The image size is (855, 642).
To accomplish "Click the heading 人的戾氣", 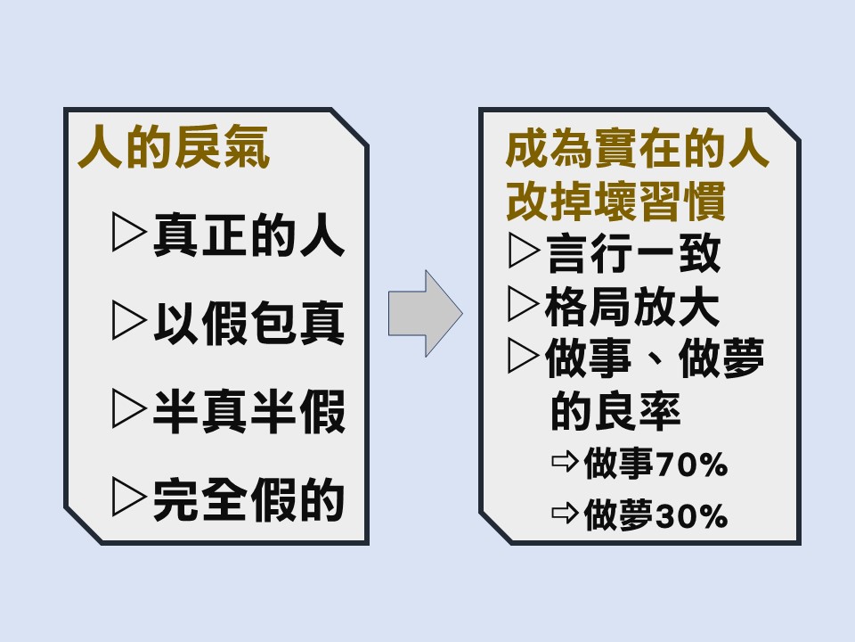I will pos(174,150).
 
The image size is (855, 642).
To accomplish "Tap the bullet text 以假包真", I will pos(248,325).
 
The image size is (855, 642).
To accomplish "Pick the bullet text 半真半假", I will pos(248,412).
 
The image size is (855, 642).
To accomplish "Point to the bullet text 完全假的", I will pos(248,500).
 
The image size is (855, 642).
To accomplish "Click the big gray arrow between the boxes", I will pos(425,313).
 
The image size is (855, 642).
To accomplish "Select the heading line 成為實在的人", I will pos(637,150).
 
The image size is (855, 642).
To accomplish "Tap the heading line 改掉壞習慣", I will pos(615,202).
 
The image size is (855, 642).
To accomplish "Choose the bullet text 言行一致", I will pos(632,253).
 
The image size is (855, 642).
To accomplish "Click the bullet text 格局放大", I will pos(632,306).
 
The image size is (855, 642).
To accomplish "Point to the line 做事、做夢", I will pos(655,359).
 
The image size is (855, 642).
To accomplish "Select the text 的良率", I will pos(616,411).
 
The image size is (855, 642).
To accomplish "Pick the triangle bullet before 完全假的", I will pos(129,500).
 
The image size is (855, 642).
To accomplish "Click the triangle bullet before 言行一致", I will pos(523,253).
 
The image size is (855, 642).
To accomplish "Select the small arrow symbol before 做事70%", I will pos(565,464).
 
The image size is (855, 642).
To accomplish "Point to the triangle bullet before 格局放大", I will pos(523,306).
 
